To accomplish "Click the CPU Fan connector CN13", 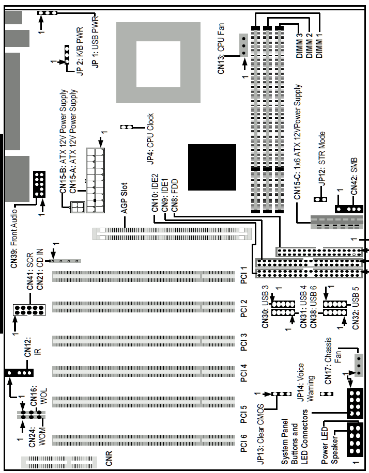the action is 244,45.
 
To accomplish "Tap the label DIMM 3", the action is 299,45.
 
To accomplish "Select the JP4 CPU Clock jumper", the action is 127,127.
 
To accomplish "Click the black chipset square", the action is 212,167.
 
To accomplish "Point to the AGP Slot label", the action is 125,198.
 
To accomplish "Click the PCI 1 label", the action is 244,275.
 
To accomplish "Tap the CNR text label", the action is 109,458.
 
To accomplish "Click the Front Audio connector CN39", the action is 39,184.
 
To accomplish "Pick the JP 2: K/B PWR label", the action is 80,51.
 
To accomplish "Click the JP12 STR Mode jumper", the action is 320,199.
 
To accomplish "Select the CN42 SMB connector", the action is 349,209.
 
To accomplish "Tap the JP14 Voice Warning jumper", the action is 327,393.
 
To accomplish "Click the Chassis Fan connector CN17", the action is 359,365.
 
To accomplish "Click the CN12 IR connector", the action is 19,373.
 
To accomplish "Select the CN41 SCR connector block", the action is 29,310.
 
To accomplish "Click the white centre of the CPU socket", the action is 158,64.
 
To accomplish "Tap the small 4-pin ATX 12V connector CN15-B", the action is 77,207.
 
